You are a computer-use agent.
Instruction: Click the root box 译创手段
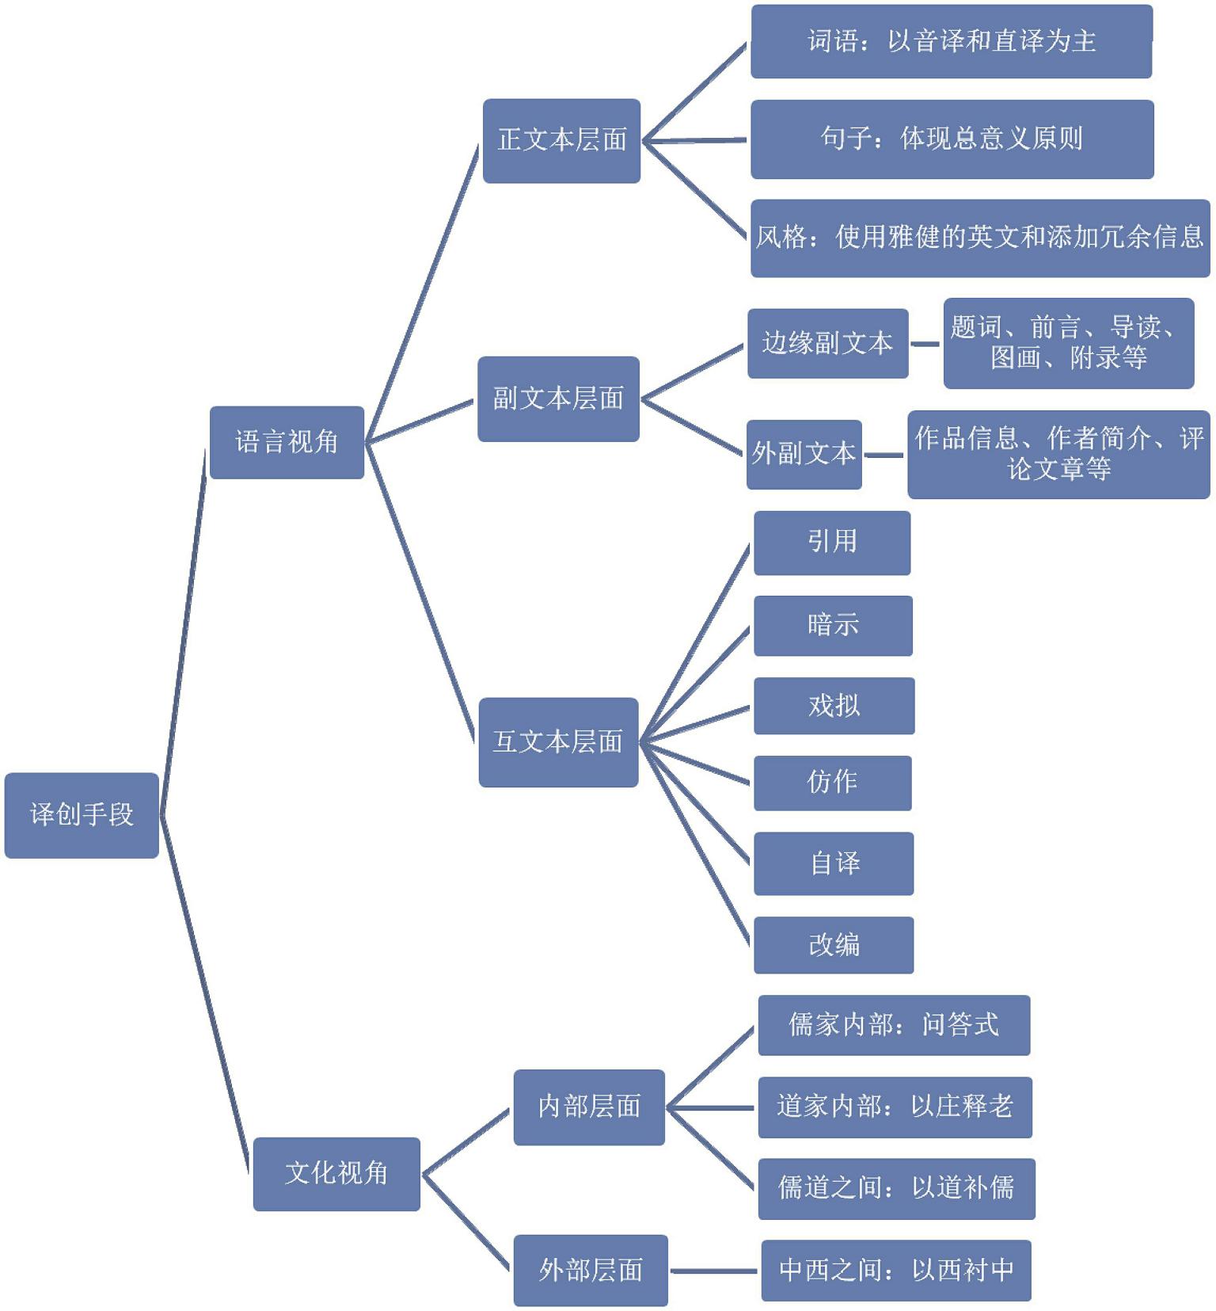click(82, 814)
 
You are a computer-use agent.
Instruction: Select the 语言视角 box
click(287, 442)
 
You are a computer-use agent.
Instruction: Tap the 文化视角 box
click(336, 1173)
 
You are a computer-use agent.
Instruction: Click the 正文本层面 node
click(561, 140)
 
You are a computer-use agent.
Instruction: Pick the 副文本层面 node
click(558, 398)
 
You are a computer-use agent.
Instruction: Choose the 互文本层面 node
click(558, 742)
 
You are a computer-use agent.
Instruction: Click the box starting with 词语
click(951, 41)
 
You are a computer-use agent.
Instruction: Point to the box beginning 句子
click(952, 139)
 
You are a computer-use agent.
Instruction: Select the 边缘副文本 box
click(827, 343)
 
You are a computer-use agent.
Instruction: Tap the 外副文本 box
click(804, 454)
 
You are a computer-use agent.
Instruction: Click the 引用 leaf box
click(832, 542)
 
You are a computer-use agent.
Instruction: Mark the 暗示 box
click(833, 625)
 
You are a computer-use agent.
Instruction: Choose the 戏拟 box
click(834, 705)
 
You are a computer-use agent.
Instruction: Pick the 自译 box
click(834, 863)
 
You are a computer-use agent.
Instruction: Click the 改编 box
click(834, 944)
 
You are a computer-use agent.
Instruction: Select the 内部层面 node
click(589, 1107)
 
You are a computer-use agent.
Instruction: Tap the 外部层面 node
click(591, 1270)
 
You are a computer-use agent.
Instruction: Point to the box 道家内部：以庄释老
click(895, 1107)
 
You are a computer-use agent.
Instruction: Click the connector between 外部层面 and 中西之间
click(714, 1271)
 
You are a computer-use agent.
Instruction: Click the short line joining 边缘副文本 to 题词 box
click(925, 344)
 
